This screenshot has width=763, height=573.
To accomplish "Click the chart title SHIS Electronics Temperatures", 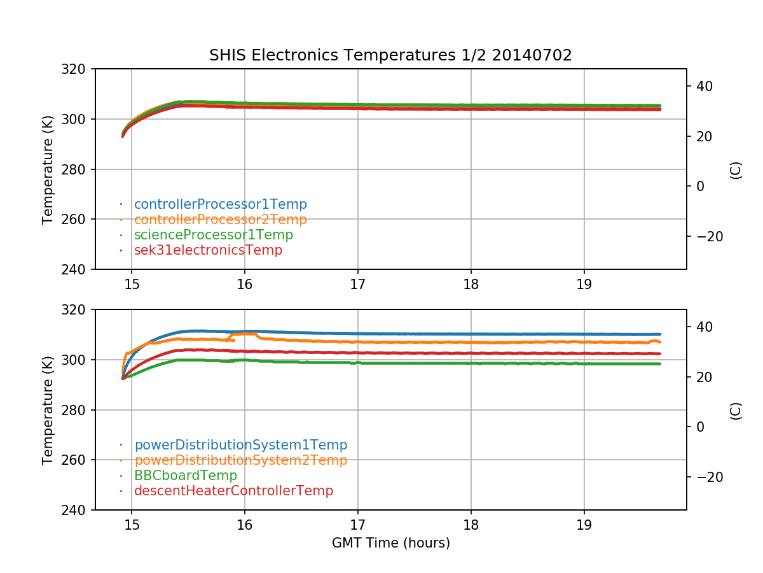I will coord(390,55).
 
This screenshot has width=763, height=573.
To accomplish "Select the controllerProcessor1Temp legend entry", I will coord(220,204).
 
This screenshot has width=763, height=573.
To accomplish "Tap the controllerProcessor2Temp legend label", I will coord(220,220).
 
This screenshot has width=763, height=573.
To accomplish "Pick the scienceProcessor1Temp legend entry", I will coord(214,235).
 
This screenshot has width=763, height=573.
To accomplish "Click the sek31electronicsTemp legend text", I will coord(208,250).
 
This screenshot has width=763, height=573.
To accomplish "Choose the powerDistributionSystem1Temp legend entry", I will coord(240,445).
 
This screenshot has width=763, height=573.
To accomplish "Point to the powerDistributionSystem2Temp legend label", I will coord(240,460).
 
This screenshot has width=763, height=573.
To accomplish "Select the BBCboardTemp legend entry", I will coord(185,476).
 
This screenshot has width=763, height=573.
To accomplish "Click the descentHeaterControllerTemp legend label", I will coord(233,491).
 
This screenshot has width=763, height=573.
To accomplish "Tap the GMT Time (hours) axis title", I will coord(390,543).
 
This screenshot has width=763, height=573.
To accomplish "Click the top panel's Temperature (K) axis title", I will coord(48,169).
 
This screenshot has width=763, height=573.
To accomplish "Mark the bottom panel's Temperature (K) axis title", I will coord(48,409).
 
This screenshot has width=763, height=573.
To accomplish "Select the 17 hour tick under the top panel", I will coord(357,283).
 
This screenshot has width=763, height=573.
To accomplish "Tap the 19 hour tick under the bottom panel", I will coord(584,524).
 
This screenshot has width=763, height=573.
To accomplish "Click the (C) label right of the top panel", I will coord(736,169).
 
